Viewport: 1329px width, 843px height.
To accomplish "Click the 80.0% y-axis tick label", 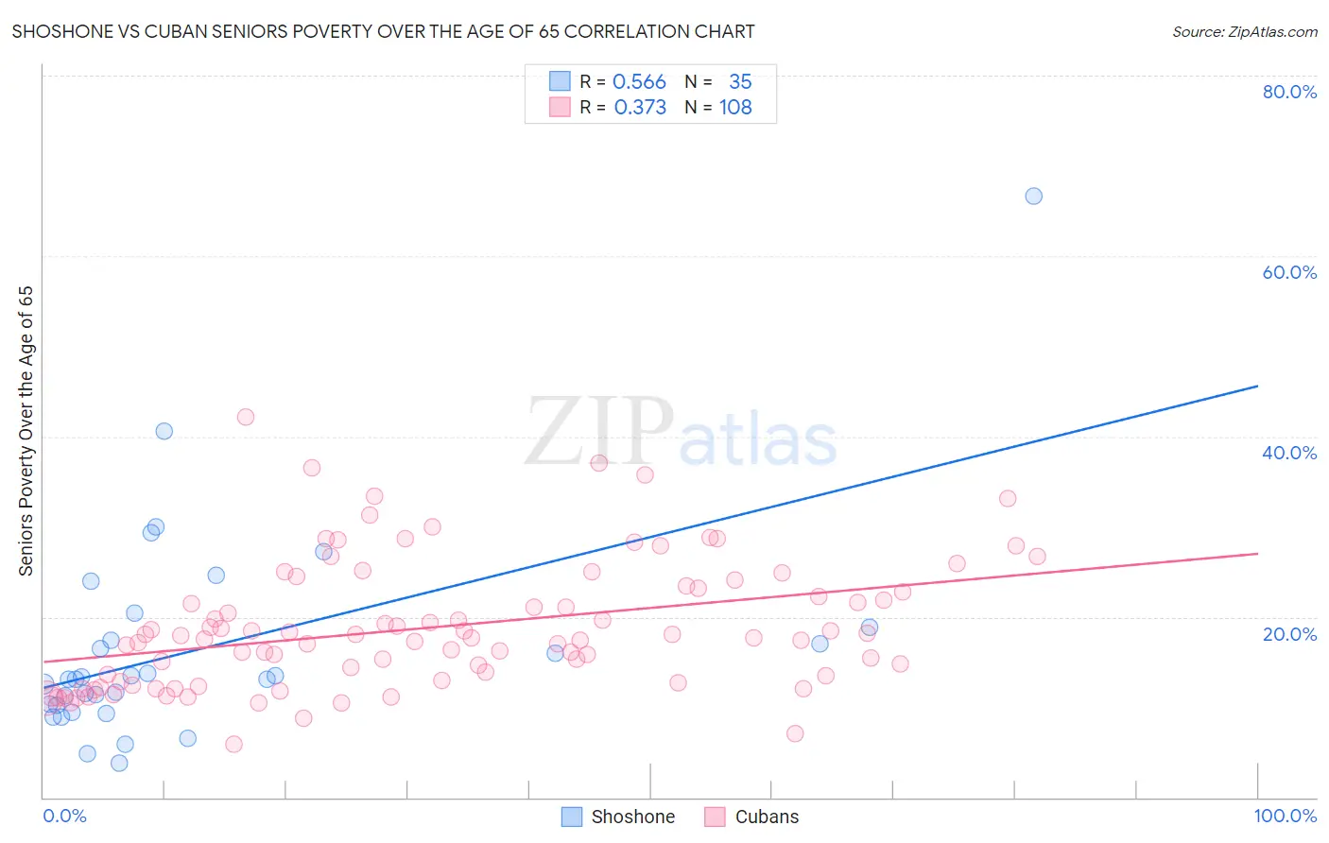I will [x=1288, y=92].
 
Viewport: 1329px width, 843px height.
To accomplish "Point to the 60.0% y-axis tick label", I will [x=1288, y=272].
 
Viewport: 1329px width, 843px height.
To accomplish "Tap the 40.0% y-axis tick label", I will [x=1288, y=453].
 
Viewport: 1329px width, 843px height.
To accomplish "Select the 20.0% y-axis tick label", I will [x=1288, y=634].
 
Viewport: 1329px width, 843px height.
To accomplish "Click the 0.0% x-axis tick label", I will [x=64, y=816].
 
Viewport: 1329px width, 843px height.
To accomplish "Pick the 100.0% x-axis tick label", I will [x=1285, y=816].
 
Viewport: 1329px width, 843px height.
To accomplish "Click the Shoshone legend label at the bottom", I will [x=632, y=817].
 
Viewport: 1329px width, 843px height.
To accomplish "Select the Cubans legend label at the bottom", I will [x=767, y=817].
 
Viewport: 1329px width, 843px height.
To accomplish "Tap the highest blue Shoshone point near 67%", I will [x=1033, y=196].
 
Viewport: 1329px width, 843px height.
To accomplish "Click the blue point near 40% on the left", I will [x=164, y=431].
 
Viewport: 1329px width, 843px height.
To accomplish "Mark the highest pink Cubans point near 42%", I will [x=246, y=417].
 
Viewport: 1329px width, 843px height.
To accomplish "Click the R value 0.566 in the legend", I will [x=639, y=82].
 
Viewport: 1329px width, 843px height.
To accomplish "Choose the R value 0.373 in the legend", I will [x=640, y=108].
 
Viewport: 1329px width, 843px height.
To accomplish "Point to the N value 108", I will [x=735, y=108].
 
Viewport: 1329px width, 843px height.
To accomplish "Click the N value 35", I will [x=740, y=82].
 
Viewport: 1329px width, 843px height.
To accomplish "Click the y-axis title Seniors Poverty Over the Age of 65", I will [x=26, y=430].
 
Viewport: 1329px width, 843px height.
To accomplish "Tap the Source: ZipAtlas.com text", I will [x=1244, y=32].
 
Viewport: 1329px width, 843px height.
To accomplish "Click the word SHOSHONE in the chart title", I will [x=63, y=31].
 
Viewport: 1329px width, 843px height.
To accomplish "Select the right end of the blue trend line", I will [x=1257, y=386].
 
